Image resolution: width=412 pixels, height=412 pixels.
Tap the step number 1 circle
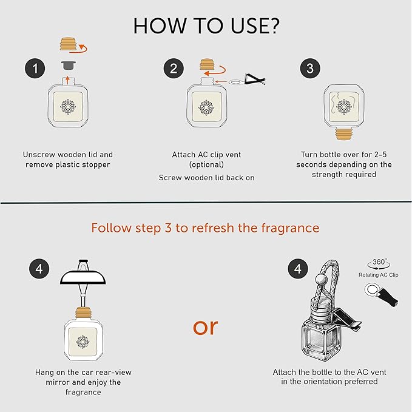click(35, 69)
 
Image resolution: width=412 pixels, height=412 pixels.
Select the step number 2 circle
click(174, 69)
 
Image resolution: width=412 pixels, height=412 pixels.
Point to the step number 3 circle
click(310, 69)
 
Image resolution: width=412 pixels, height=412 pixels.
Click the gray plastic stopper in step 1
click(67, 64)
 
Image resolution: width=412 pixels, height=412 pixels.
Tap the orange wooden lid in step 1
click(67, 46)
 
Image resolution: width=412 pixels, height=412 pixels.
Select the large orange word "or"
click(205, 326)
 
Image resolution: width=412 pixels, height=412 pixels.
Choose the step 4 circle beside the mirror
click(39, 268)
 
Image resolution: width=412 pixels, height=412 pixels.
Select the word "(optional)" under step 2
click(206, 164)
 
